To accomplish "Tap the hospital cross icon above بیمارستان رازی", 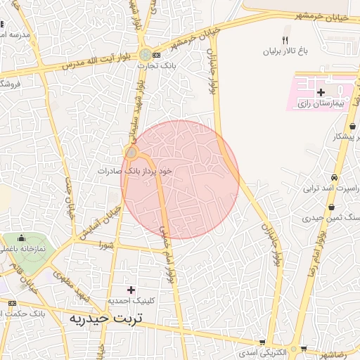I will pos(321,92).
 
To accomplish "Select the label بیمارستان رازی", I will pos(321,103).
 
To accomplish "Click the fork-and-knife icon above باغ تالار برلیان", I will pos(285,40).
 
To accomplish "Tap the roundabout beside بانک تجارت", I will pos(145,54).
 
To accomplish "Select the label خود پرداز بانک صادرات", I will pos(135,170).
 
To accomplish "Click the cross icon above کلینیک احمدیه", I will pos(131,290).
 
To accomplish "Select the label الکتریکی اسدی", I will pos(262,351).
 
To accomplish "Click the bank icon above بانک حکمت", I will pos(12,303).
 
